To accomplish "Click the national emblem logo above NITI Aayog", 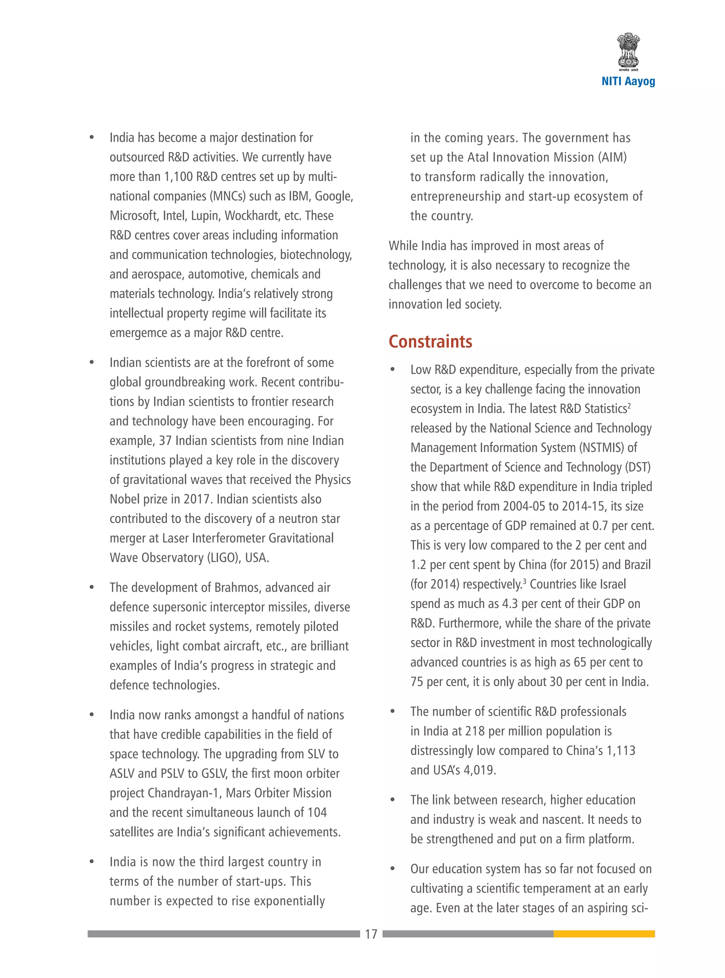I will (628, 52).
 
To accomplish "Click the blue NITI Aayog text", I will (628, 81).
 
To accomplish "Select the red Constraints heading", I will (430, 342).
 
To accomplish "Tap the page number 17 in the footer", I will (371, 934).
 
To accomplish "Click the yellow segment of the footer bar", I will (604, 934).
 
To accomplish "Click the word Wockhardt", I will (262, 216).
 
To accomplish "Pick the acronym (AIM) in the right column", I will (612, 157).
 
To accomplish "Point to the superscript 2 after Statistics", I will (629, 405).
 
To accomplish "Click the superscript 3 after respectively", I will (524, 581).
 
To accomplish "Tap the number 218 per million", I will (475, 731).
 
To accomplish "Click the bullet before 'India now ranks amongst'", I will (92, 715).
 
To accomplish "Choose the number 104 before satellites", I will (316, 813).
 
